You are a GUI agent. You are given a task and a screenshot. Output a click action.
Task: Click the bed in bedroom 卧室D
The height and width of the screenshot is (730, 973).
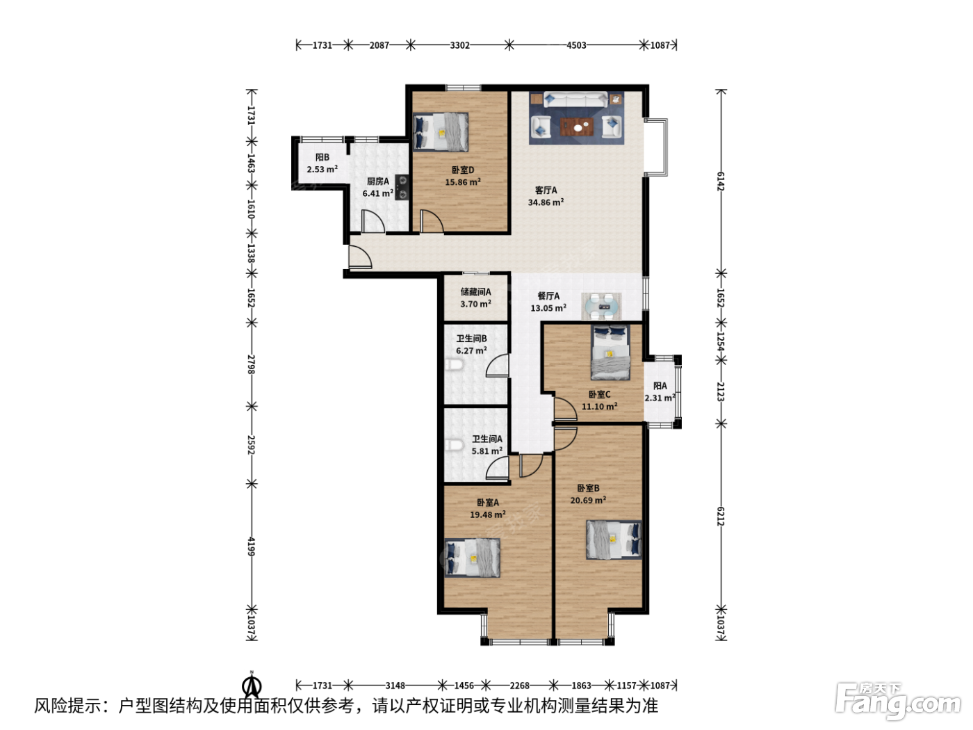point(441,132)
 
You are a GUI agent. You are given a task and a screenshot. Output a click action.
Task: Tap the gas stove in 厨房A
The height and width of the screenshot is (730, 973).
point(402,187)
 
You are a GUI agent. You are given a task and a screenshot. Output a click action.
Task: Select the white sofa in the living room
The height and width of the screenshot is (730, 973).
point(575,99)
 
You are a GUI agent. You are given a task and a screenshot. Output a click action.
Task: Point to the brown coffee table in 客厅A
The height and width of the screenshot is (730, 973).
point(577,127)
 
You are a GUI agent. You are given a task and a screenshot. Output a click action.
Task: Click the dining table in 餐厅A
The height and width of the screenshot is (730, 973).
point(601,307)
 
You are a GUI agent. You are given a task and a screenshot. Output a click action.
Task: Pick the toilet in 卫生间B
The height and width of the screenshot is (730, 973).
point(453,365)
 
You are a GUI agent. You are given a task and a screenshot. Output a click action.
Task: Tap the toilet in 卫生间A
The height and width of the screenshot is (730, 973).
point(453,444)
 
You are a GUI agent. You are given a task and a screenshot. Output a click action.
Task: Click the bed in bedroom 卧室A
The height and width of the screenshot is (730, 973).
point(472,558)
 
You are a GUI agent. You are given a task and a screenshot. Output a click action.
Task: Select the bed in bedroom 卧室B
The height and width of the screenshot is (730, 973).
point(614,540)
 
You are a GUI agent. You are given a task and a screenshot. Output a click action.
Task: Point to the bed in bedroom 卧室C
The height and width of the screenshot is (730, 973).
point(610,352)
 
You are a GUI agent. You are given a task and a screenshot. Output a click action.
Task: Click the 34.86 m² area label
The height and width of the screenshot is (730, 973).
point(546,202)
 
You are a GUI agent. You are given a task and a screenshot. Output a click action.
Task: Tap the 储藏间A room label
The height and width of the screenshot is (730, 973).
point(475,291)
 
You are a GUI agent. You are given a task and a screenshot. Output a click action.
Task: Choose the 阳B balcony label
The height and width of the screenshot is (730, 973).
point(322,157)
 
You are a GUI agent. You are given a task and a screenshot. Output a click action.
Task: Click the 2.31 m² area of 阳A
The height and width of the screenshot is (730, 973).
point(660,398)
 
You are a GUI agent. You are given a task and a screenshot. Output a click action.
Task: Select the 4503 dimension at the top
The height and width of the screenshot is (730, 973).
point(576,44)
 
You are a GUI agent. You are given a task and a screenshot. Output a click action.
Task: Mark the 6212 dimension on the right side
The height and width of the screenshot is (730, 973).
point(721,517)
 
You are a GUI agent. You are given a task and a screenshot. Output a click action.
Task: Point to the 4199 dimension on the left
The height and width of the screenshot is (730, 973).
point(252,546)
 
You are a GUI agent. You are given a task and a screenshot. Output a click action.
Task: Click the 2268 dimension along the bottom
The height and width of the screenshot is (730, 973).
point(520,686)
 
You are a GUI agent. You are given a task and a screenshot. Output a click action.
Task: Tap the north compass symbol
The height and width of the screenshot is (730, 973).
point(252,684)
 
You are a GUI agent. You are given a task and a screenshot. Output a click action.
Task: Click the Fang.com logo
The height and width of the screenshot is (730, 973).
point(898,702)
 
